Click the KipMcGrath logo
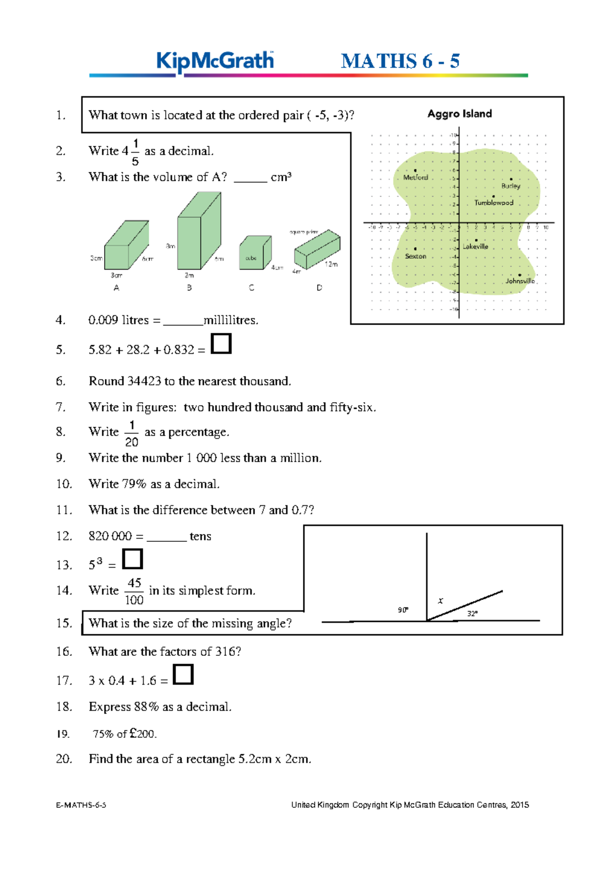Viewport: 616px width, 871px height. click(215, 61)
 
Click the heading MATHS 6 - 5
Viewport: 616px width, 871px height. click(400, 61)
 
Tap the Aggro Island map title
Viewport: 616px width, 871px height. click(459, 113)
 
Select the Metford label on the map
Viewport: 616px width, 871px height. click(415, 177)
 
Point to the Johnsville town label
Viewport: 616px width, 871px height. click(520, 281)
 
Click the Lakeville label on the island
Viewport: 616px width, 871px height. click(475, 247)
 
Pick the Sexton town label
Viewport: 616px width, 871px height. click(415, 256)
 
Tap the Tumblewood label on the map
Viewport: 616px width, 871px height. click(493, 202)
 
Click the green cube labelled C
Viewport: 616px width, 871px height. click(254, 253)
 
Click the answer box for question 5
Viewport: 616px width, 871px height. click(221, 344)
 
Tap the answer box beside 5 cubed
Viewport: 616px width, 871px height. click(132, 559)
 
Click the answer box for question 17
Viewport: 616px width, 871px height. click(183, 674)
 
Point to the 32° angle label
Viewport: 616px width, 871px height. click(472, 614)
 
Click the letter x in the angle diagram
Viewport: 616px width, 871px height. click(440, 600)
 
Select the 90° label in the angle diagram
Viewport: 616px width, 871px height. click(403, 610)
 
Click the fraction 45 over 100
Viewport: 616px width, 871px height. click(134, 591)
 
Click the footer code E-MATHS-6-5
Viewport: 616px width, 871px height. click(81, 805)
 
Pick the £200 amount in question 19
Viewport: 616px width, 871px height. click(142, 733)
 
